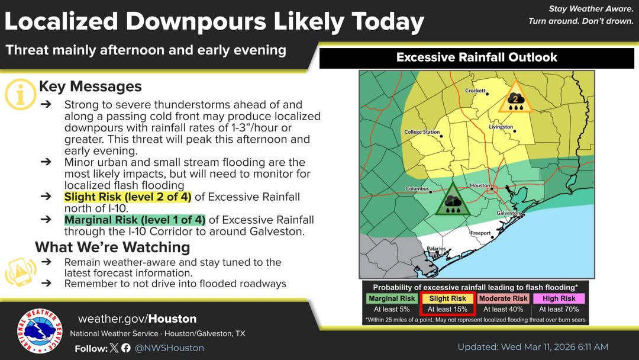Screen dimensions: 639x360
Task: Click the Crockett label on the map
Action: tap(475, 91)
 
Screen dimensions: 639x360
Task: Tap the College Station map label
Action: tap(422, 132)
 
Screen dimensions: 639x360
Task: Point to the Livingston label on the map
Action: tap(501, 127)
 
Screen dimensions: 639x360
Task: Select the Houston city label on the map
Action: tap(480, 185)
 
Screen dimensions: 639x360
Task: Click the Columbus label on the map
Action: tap(417, 188)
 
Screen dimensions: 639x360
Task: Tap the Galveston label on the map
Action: tap(508, 213)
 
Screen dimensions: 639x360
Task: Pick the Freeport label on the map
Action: tap(480, 233)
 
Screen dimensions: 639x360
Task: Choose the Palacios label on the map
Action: tap(436, 249)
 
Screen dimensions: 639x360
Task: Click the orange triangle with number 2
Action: tap(516, 98)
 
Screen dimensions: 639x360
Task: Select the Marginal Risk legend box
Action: tap(392, 298)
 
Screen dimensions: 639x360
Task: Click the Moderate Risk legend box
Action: tap(504, 298)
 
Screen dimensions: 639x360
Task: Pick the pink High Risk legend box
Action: tap(559, 298)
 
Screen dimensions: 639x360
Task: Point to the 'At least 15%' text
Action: tap(447, 310)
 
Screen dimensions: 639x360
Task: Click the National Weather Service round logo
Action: tap(40, 330)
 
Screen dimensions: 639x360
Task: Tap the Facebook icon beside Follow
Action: tap(126, 348)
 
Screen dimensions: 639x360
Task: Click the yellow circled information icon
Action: tap(20, 94)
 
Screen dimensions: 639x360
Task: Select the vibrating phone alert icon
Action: tap(21, 271)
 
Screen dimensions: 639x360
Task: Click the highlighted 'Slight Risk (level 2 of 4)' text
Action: tap(128, 197)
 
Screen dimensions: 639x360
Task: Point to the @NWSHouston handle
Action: tap(169, 348)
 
